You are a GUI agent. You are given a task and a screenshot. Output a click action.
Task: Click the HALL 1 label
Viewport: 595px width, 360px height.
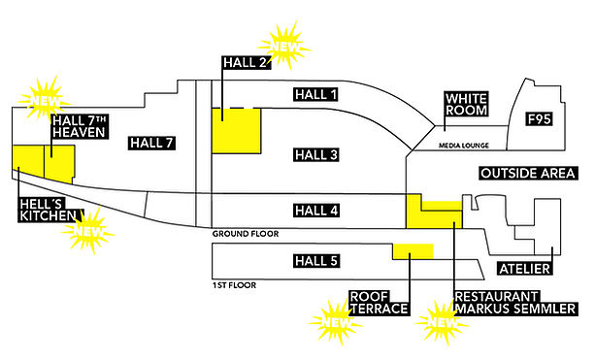click(316, 94)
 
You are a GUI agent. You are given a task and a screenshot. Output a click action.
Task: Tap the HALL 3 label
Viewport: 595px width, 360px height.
click(316, 155)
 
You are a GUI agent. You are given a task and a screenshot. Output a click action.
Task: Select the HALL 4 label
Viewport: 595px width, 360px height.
click(316, 211)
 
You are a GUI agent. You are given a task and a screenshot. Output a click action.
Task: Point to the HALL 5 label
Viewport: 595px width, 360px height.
click(316, 261)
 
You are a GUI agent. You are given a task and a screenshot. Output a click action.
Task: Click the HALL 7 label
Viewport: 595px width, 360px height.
click(151, 143)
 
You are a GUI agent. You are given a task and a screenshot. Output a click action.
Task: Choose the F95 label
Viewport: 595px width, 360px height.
click(540, 119)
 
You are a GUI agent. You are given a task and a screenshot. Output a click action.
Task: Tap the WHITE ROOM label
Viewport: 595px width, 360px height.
click(466, 105)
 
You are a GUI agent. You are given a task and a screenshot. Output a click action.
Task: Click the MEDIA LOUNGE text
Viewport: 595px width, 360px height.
click(464, 146)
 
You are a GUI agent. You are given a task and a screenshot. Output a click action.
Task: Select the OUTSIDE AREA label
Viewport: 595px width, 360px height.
click(528, 173)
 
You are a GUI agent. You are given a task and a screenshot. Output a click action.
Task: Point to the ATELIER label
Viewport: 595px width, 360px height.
click(525, 269)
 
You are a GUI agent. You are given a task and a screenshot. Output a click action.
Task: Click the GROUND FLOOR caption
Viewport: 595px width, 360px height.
click(246, 234)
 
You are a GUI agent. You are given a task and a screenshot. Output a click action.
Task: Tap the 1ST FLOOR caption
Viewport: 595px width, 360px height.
click(234, 285)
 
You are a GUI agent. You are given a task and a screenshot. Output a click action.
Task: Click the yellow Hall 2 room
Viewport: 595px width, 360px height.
click(237, 131)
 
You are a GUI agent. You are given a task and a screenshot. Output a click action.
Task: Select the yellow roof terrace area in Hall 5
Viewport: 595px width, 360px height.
click(413, 252)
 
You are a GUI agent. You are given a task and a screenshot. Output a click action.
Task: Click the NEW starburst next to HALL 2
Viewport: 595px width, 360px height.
click(284, 46)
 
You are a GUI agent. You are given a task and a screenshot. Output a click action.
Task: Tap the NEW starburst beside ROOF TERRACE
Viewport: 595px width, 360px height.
click(336, 322)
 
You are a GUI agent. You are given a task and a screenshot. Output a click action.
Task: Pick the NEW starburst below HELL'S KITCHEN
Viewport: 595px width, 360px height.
click(88, 230)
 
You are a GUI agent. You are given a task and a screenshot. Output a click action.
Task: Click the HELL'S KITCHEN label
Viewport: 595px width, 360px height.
click(49, 210)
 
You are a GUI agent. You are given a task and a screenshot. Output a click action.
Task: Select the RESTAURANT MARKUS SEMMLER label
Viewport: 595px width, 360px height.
click(515, 303)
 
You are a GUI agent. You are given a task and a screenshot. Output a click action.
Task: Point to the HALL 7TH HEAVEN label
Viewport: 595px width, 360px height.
click(80, 126)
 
